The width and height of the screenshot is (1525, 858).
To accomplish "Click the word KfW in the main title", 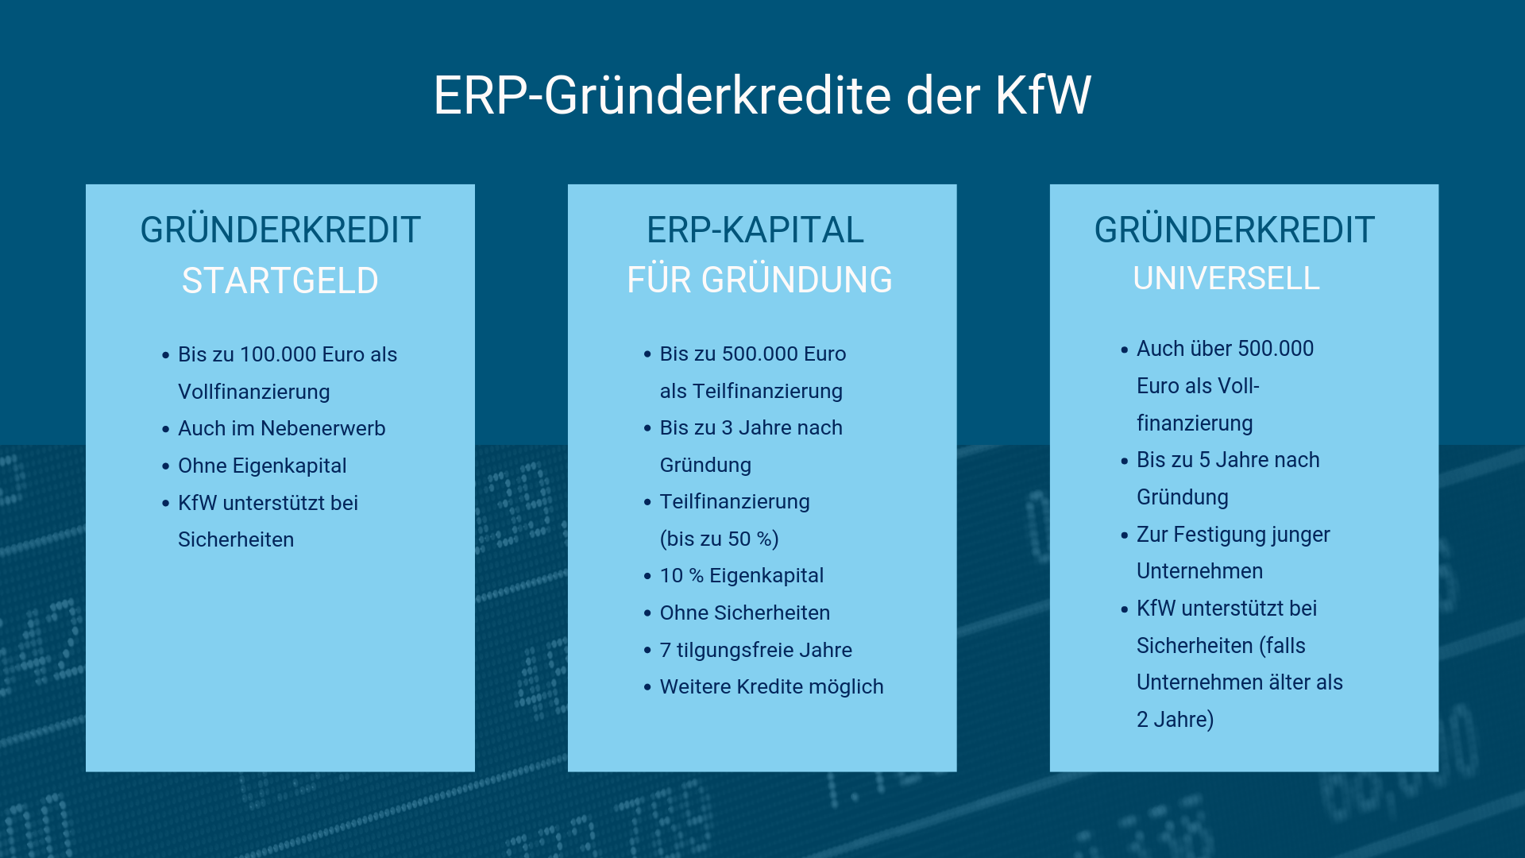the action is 1043,95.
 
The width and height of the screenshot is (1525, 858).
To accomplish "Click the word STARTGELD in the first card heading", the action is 280,280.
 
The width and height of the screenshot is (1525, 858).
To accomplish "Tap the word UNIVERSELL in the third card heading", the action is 1226,278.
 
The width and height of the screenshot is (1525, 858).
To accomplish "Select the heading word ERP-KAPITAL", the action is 755,230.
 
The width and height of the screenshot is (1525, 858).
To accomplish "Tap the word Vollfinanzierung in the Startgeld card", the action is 253,392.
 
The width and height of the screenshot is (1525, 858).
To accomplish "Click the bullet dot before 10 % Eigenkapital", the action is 647,576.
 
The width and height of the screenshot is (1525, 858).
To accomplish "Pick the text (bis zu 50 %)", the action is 719,539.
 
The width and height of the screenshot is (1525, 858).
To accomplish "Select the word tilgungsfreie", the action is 735,651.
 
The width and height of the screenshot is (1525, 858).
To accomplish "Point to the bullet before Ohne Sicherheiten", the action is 647,613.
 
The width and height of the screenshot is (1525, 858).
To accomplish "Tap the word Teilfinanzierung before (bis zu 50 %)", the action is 735,502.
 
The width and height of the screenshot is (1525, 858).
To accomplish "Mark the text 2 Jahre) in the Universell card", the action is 1175,720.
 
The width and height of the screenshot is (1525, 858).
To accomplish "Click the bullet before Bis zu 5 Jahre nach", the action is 1124,461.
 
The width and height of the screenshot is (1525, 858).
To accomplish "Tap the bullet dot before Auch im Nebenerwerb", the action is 165,429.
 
